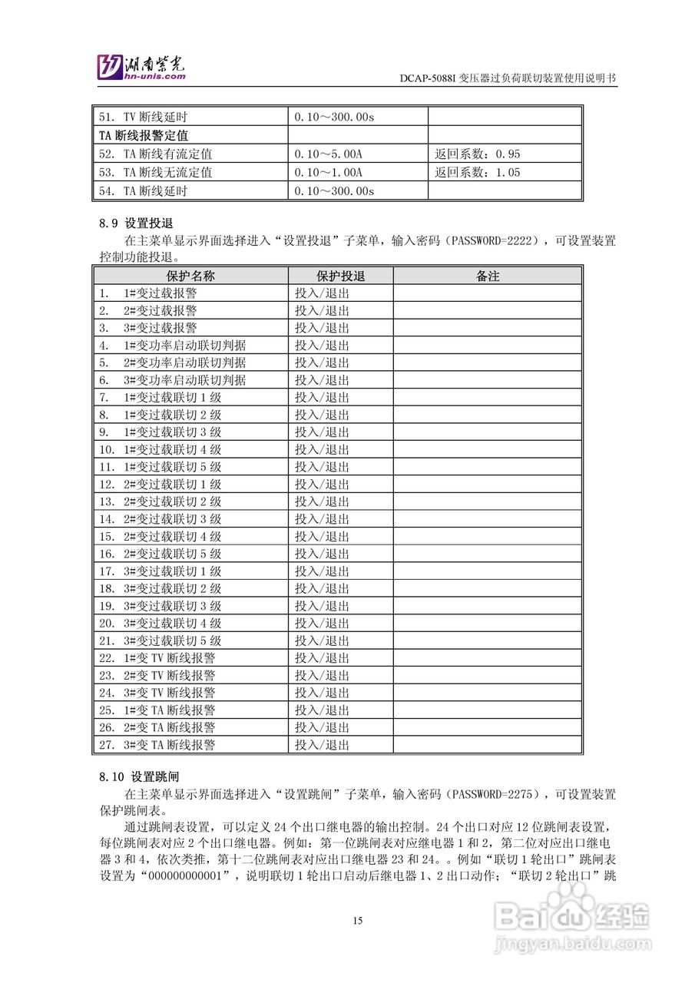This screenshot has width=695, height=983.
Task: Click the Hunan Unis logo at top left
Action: click(x=141, y=68)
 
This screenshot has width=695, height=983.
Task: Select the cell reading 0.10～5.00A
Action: click(x=329, y=154)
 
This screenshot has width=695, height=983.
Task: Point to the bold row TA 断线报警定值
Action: click(x=144, y=136)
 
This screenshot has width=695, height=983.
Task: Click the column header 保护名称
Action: click(x=190, y=276)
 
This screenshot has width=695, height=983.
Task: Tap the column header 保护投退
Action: click(x=340, y=276)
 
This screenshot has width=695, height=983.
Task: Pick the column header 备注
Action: click(x=487, y=276)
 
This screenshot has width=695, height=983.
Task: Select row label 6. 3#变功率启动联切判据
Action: click(x=172, y=379)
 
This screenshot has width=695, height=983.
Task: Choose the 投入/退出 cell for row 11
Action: click(x=323, y=467)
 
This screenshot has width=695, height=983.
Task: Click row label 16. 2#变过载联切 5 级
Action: click(x=160, y=554)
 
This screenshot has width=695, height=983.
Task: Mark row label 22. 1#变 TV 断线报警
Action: click(x=157, y=658)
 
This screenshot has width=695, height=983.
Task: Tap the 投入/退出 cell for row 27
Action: click(x=323, y=745)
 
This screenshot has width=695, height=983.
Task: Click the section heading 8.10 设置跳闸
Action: click(x=133, y=776)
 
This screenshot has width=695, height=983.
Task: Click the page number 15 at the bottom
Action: click(x=358, y=921)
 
